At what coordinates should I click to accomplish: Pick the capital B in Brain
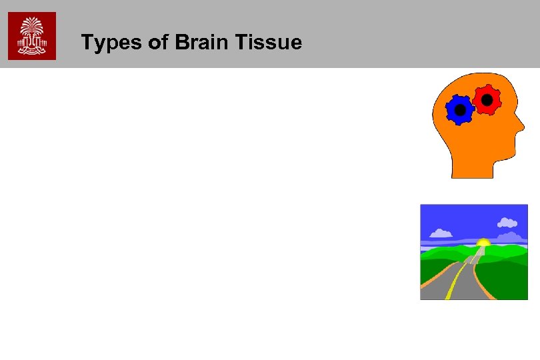coord(182,43)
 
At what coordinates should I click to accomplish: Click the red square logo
coord(32,36)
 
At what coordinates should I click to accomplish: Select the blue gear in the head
coord(459,110)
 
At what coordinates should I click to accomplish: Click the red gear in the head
coord(487,100)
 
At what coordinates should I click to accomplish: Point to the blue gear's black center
coord(459,110)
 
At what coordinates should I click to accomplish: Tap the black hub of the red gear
coord(487,100)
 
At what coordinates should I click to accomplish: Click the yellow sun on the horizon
coord(483,241)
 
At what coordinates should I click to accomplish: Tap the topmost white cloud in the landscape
coord(508,221)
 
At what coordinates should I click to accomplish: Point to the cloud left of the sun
coord(441,233)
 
